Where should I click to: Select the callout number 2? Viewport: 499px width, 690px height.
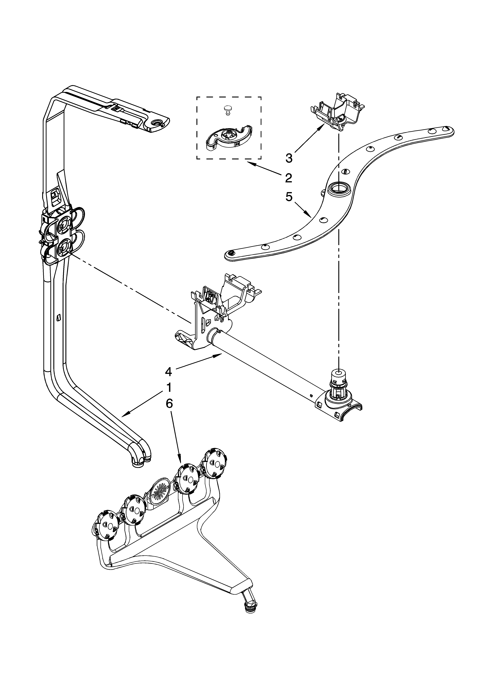tap(288, 178)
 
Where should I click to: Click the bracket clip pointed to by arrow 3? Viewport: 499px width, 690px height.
tap(337, 112)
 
